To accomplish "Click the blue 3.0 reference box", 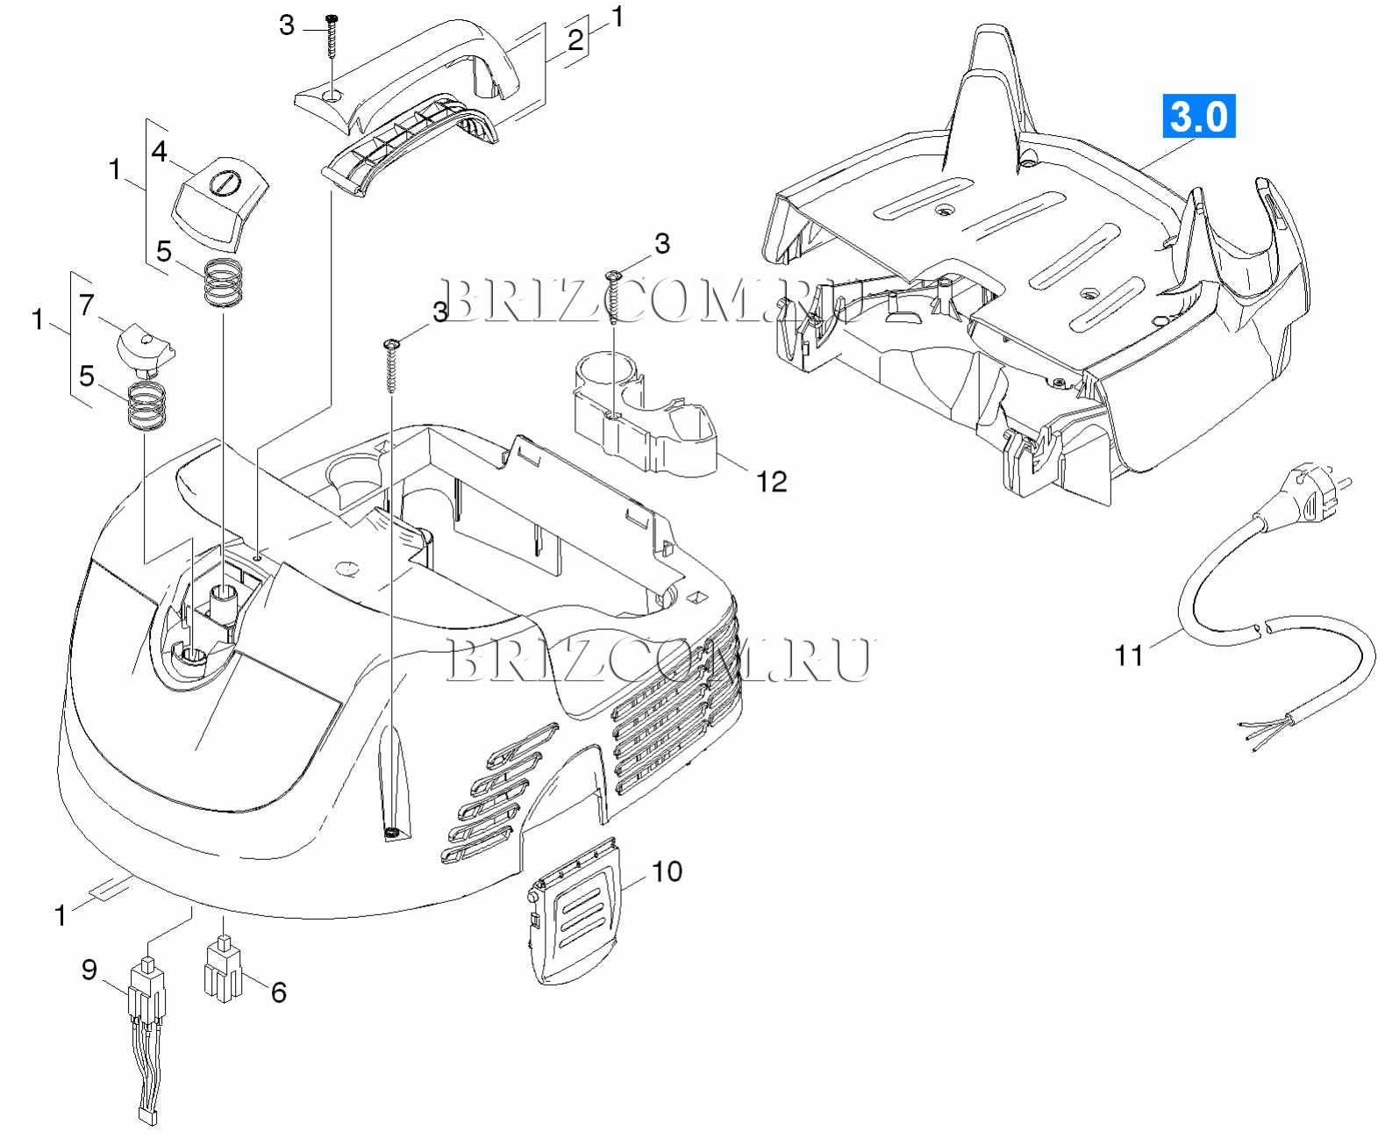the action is (x=1198, y=116).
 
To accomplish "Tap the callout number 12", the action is (x=771, y=481).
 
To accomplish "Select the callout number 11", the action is (x=1128, y=655).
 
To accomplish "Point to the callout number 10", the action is (x=667, y=871).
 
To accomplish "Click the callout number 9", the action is (x=89, y=970).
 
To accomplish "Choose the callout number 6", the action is (x=279, y=992).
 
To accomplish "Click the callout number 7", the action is (x=87, y=305).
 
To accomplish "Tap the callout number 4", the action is (x=159, y=151).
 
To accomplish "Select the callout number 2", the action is (x=575, y=39).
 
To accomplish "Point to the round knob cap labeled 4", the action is (x=221, y=204).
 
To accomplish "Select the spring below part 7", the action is (x=146, y=406).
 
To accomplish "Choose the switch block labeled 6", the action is (x=223, y=968).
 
